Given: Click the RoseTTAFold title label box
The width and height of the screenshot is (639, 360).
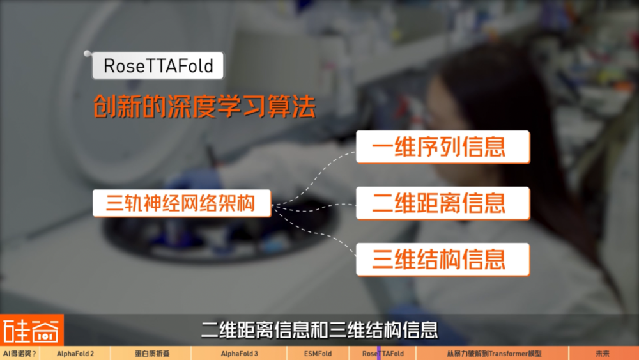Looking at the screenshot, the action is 158,65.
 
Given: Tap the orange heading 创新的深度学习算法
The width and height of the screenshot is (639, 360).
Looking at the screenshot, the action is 205,106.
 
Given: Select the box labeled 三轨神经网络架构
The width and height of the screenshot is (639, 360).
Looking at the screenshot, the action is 181,203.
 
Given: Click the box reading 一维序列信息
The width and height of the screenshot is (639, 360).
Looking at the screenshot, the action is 443,147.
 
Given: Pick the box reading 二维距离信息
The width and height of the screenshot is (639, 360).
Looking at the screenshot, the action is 443,203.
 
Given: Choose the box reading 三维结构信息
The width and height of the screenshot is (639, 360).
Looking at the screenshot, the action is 443,260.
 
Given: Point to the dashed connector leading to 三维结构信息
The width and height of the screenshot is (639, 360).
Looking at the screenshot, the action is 314,231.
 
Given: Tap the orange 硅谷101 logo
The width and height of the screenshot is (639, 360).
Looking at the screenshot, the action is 32,330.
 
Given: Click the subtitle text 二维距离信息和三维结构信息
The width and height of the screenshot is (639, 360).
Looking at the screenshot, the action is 319,330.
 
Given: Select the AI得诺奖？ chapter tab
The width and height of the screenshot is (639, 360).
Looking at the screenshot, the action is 20,354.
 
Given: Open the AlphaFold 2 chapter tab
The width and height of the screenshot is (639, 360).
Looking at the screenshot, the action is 75,354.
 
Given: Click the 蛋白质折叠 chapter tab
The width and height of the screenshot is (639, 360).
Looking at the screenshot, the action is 151,354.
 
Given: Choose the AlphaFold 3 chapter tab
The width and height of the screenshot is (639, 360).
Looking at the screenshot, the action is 239,354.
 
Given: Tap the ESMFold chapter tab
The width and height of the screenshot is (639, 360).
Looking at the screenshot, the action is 318,354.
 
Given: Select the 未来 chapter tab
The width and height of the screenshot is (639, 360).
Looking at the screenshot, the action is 604,354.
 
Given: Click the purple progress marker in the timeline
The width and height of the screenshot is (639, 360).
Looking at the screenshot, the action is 379,354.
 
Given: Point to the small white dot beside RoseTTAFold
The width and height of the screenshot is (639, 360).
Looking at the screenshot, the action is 87,54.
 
